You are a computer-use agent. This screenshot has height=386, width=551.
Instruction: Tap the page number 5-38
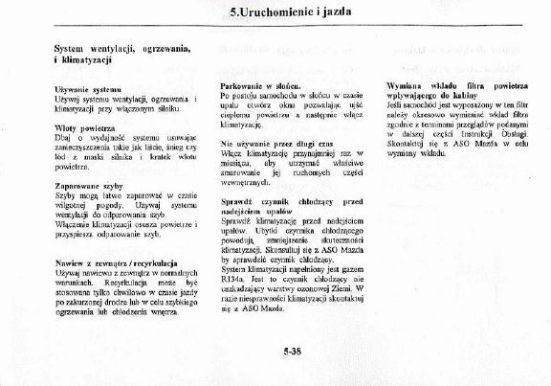coord(294,352)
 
